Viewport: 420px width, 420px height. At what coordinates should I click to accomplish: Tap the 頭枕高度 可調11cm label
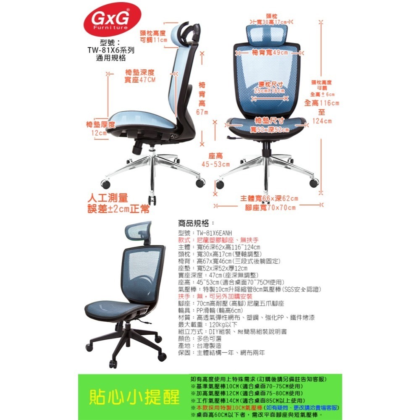pos(153,37)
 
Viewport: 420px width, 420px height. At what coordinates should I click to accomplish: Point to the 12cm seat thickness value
pos(100,133)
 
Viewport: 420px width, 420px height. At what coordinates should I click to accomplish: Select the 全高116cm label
pos(321,103)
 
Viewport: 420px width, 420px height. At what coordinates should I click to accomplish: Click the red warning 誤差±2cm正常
pos(118,209)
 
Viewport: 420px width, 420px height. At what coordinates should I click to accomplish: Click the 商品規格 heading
pos(196,223)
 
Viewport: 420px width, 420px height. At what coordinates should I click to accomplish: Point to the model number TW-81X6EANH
pos(214,233)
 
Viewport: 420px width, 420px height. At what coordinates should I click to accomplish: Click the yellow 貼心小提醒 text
pos(134,397)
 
